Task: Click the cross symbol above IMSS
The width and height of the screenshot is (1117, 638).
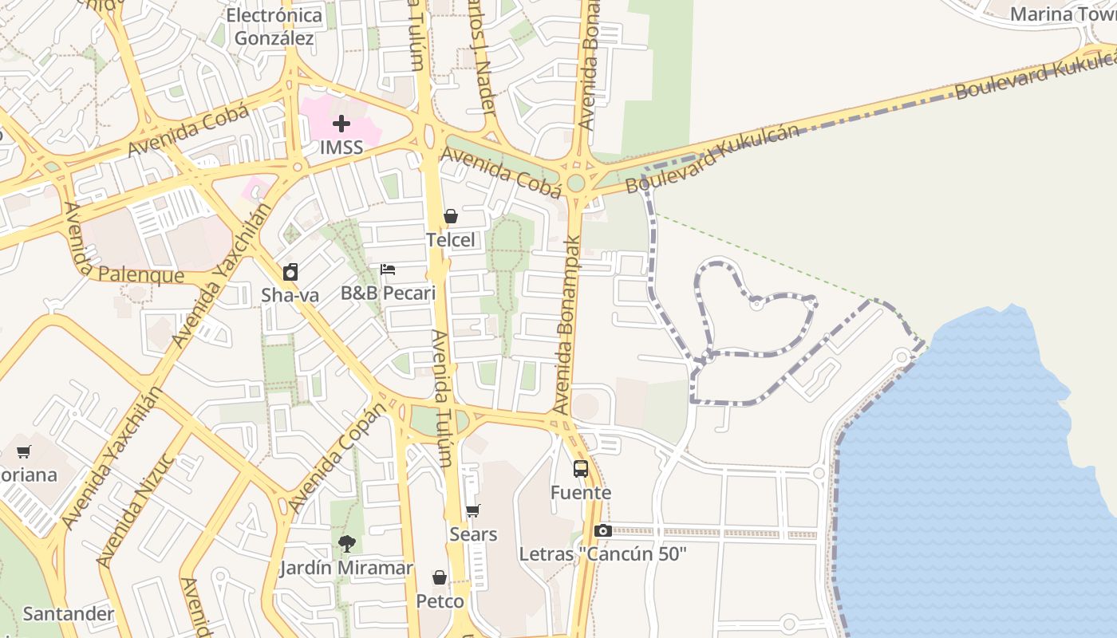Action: point(341,124)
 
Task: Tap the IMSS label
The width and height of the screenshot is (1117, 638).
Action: point(341,148)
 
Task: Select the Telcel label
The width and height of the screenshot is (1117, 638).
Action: point(450,240)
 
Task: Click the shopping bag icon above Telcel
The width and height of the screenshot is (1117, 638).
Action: point(451,216)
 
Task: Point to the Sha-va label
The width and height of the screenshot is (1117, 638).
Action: point(290,295)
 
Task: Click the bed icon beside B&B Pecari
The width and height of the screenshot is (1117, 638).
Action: point(388,270)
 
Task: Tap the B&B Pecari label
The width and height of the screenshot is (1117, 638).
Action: point(389,293)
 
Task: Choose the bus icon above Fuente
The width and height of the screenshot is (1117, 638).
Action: point(581,469)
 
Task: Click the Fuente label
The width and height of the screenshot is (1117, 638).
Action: point(581,493)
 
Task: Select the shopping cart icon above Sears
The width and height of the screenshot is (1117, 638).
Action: point(473,510)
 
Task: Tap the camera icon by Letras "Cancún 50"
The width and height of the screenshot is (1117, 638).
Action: point(603,531)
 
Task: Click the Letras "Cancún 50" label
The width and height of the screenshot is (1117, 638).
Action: point(602,554)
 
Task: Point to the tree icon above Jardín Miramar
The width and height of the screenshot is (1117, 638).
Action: point(346,545)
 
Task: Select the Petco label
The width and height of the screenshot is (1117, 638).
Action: point(440,601)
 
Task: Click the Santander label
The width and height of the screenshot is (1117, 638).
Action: point(69,614)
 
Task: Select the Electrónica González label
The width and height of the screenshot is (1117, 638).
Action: point(274,26)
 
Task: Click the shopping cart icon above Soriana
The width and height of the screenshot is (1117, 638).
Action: point(24,452)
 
